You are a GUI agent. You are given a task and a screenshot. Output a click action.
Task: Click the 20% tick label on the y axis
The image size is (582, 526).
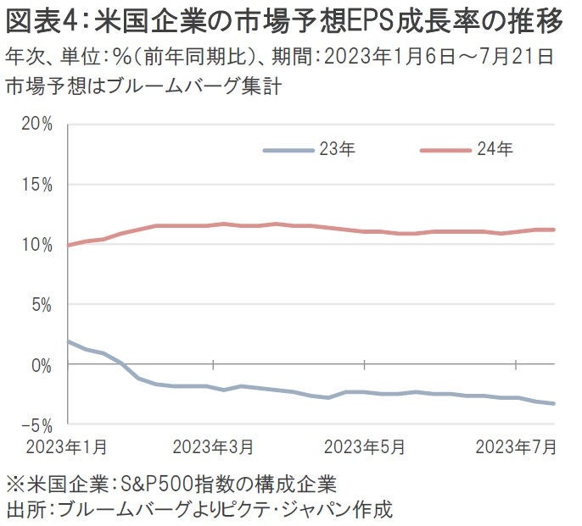[x=36, y=124]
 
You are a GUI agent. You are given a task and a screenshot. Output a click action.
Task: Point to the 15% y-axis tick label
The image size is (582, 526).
[x=36, y=184]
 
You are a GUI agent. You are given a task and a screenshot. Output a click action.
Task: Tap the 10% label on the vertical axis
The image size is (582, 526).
[x=36, y=244]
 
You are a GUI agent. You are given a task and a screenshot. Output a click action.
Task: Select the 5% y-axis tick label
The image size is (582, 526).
[x=41, y=304]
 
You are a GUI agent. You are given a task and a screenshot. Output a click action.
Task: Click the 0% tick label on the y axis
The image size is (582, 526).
[x=41, y=365]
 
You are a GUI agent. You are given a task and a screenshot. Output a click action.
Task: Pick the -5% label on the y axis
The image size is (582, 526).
[x=39, y=424]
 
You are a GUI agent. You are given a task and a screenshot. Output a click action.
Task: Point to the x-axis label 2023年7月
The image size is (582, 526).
[x=515, y=446]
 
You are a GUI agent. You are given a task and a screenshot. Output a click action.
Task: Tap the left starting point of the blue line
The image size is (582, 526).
[x=67, y=341]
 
